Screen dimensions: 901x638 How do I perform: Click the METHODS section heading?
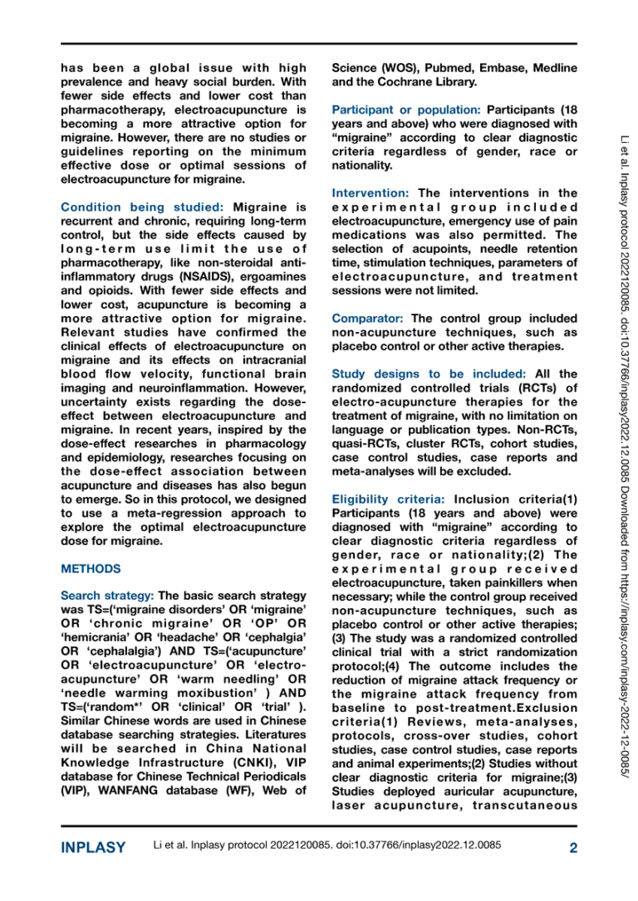click(x=91, y=569)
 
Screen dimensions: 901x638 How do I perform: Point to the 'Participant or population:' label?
click(x=406, y=110)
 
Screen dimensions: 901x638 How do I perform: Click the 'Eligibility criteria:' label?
click(x=388, y=499)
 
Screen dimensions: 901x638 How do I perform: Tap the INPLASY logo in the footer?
click(x=93, y=847)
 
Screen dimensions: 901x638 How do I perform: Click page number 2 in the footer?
click(x=572, y=847)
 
